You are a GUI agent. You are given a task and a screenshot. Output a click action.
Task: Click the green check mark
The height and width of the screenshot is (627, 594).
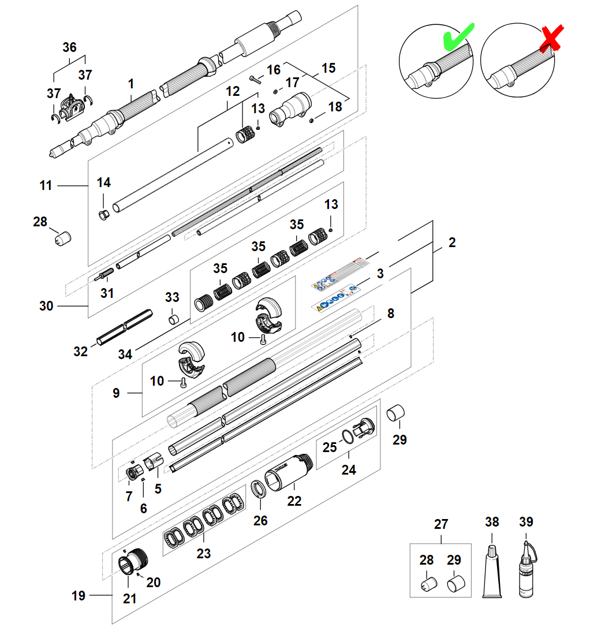click(457, 38)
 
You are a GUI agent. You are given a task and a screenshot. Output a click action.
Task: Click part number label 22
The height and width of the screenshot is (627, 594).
click(294, 501)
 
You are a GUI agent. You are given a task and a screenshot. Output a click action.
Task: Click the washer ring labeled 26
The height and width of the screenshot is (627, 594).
click(260, 489)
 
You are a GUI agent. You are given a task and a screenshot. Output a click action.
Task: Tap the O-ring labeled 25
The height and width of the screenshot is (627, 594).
click(348, 436)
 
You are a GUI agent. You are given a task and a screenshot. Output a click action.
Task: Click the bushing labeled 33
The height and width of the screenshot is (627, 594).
click(173, 319)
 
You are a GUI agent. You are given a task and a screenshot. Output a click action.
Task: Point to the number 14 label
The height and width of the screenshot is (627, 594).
click(103, 182)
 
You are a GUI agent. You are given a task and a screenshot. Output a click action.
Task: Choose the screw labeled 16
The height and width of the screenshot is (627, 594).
click(256, 79)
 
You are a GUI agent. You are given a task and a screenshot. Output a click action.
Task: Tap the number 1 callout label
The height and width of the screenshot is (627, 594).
click(130, 84)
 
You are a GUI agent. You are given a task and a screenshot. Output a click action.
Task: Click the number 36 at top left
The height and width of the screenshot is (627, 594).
click(69, 47)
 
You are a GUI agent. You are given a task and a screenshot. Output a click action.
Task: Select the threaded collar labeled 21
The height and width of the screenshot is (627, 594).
click(126, 564)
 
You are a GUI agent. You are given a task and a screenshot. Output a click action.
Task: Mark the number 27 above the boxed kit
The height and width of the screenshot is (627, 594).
click(441, 524)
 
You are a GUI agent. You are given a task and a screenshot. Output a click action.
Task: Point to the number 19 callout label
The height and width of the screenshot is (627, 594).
click(79, 595)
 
